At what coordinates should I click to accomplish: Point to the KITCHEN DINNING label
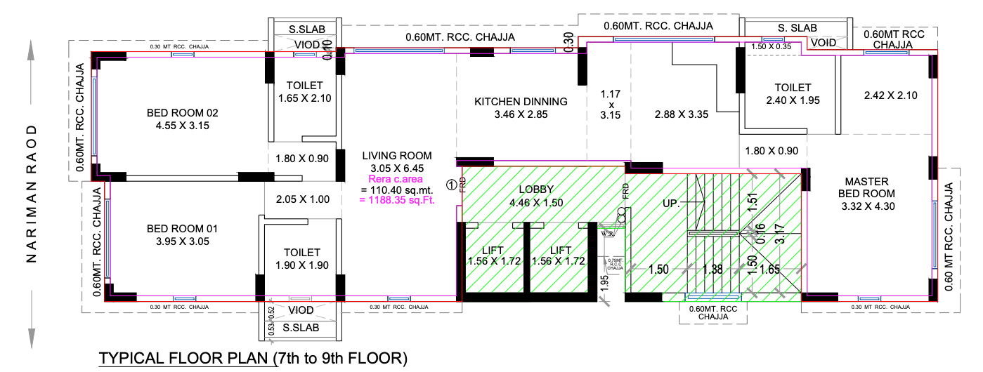pyautogui.click(x=520, y=102)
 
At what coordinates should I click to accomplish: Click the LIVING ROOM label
pyautogui.click(x=397, y=156)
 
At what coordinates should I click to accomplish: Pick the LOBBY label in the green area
pyautogui.click(x=536, y=190)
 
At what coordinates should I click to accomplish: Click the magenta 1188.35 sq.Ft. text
pyautogui.click(x=397, y=201)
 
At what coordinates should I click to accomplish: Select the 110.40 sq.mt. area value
pyautogui.click(x=397, y=190)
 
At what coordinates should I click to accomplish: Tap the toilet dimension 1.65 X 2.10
pyautogui.click(x=304, y=98)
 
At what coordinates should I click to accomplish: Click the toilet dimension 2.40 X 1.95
pyautogui.click(x=793, y=100)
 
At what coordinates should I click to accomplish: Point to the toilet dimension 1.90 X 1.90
pyautogui.click(x=302, y=265)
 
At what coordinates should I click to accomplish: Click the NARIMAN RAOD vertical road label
pyautogui.click(x=31, y=194)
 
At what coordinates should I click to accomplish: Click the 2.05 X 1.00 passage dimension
pyautogui.click(x=302, y=199)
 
